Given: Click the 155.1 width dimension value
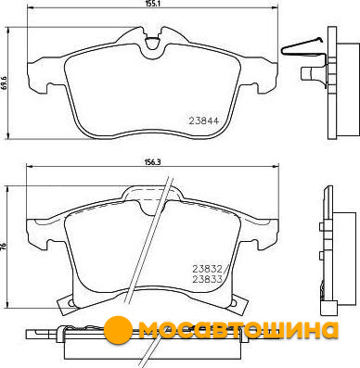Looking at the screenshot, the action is pyautogui.click(x=151, y=4).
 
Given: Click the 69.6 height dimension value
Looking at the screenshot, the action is pyautogui.click(x=4, y=82).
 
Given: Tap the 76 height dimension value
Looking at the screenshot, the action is pyautogui.click(x=4, y=247).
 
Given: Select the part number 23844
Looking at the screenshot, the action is pyautogui.click(x=204, y=121).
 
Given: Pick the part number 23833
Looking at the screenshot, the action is pyautogui.click(x=207, y=280).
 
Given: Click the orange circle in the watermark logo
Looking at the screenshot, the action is pyautogui.click(x=118, y=330).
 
